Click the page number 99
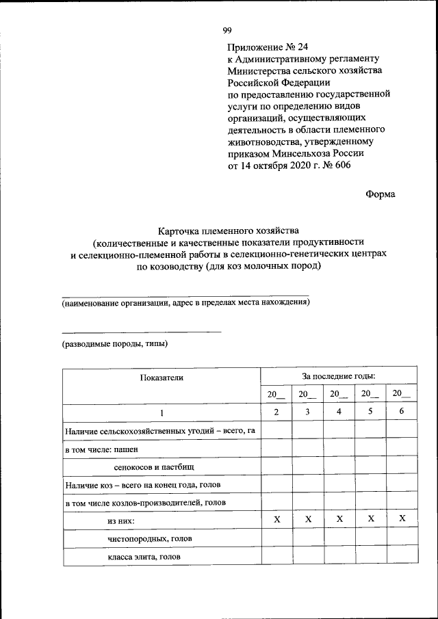[x=227, y=29]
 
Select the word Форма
[x=380, y=194]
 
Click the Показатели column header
[x=162, y=377]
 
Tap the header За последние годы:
[x=339, y=376]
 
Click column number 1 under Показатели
[x=162, y=412]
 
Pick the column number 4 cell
[x=339, y=412]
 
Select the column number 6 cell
[x=402, y=412]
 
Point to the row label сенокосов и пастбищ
[x=154, y=466]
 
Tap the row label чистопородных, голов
[x=149, y=539]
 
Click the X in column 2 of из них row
[x=276, y=520]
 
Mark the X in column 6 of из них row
[x=402, y=519]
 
